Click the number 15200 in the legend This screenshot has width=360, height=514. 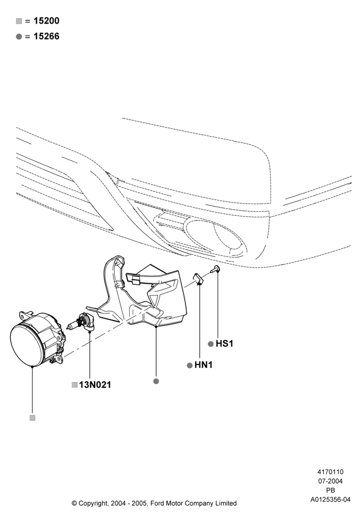(x=46, y=21)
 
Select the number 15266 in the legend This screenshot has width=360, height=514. (x=46, y=36)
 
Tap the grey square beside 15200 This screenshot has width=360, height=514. (x=19, y=21)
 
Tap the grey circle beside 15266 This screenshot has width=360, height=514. (x=19, y=36)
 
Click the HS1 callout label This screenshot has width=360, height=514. (x=224, y=343)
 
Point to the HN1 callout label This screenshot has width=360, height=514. (x=203, y=365)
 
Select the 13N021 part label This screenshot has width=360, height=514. (x=95, y=385)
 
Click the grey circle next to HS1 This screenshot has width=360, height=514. (x=211, y=344)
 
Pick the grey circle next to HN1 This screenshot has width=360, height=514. (x=189, y=365)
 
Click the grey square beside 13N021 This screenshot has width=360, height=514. (x=75, y=385)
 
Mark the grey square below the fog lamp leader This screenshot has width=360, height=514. (x=32, y=418)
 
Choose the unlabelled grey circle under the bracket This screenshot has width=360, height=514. (x=156, y=381)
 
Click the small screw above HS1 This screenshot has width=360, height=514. (x=215, y=269)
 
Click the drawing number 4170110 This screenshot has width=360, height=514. (x=330, y=472)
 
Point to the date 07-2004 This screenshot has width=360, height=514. (x=330, y=481)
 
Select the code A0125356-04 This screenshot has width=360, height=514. (x=330, y=500)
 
